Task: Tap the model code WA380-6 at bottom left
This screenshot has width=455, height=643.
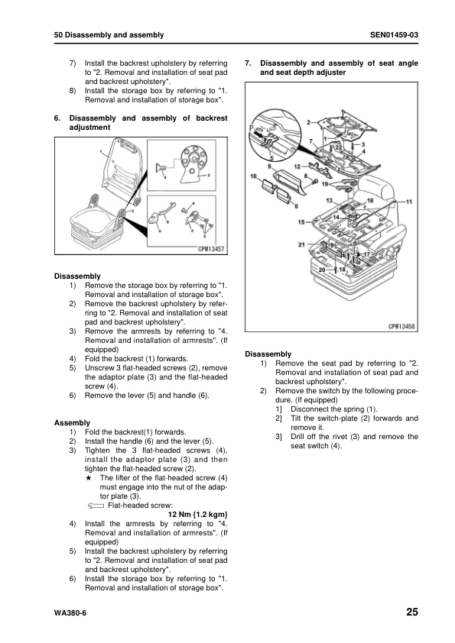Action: click(71, 613)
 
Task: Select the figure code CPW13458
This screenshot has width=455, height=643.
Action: click(401, 325)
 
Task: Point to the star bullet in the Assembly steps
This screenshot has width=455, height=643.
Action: click(93, 477)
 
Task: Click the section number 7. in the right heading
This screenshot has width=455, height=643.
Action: click(248, 63)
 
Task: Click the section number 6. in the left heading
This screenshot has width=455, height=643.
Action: click(57, 118)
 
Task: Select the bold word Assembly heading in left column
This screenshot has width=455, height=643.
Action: click(73, 422)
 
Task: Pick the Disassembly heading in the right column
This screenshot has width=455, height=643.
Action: click(268, 354)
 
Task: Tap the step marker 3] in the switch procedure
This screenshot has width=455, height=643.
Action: click(278, 437)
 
